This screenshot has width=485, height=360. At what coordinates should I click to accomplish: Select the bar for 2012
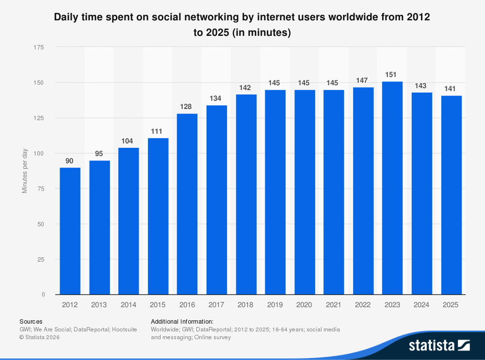pos(70,231)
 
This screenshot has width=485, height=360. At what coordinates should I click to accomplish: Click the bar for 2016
pos(187,204)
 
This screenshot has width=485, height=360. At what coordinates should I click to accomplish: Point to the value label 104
pos(129,141)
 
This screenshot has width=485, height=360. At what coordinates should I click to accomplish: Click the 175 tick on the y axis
pos(39,47)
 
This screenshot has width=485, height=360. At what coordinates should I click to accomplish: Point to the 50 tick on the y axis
pos(41,224)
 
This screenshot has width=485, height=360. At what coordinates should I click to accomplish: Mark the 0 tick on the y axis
pos(43,295)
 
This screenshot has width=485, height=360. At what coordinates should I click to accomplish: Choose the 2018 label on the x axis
pos(245,304)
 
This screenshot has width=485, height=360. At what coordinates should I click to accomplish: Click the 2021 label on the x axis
pos(333,304)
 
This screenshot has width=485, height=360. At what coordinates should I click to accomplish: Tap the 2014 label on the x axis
pos(129,304)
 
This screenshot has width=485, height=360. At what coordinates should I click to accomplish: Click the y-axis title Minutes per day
pos(25,171)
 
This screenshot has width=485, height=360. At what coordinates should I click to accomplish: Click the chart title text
pos(242,25)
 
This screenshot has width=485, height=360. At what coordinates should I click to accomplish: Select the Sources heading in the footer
pos(31,321)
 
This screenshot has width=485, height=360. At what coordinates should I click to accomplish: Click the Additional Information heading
pos(182,321)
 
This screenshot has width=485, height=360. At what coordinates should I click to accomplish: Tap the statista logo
pos(439,345)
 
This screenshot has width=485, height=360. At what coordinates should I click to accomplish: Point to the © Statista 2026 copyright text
pos(39,337)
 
